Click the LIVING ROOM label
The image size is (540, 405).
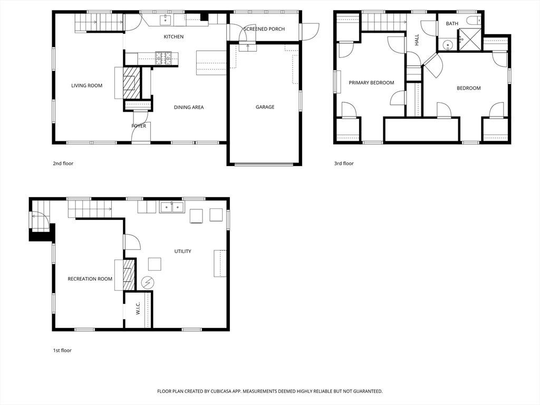click(x=87, y=86)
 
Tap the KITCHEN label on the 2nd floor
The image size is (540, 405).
click(x=173, y=37)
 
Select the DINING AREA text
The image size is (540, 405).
click(x=189, y=108)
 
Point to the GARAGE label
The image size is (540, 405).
click(x=265, y=107)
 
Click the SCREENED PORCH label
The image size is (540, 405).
click(x=264, y=30)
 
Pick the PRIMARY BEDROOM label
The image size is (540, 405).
click(x=371, y=83)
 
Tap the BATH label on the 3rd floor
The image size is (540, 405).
click(x=452, y=24)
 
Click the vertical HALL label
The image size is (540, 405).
click(x=417, y=40)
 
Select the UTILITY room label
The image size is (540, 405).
click(x=182, y=252)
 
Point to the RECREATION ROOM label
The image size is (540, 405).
click(x=90, y=279)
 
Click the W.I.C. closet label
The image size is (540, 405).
click(x=138, y=308)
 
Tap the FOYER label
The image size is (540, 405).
click(x=139, y=126)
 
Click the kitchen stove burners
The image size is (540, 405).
click(x=163, y=58)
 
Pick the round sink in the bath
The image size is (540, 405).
click(x=448, y=45)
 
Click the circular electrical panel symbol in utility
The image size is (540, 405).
click(x=148, y=283)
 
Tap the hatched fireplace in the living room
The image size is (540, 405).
click(x=132, y=83)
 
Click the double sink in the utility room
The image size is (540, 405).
click(x=172, y=207)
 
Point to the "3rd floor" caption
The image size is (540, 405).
click(x=344, y=163)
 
